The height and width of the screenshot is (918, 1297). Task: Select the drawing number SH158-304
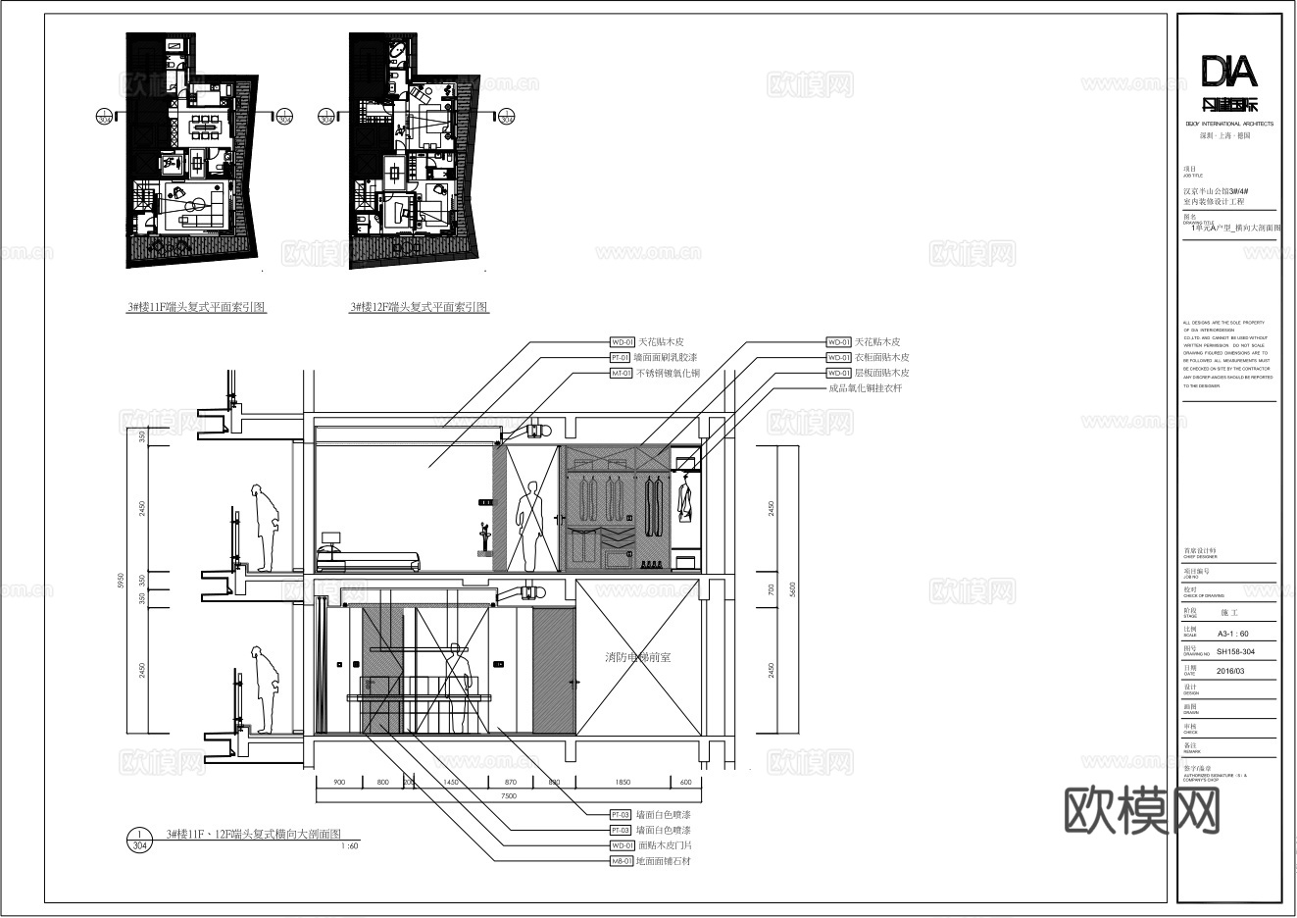(1234, 651)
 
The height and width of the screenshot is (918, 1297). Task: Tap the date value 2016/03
(1229, 672)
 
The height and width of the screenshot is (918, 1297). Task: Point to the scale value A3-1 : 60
(1232, 634)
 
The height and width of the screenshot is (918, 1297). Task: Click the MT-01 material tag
(622, 374)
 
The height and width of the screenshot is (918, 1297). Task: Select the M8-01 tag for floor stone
(622, 861)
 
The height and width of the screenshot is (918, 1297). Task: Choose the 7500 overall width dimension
(508, 796)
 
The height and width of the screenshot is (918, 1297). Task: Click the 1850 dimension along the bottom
(623, 782)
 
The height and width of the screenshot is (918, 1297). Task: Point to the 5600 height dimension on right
(793, 588)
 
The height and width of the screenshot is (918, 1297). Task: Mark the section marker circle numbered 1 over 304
(139, 839)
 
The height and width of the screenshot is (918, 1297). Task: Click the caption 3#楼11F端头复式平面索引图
(196, 307)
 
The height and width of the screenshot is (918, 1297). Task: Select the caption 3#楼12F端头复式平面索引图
(420, 307)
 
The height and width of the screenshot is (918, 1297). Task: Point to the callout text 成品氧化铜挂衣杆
(864, 388)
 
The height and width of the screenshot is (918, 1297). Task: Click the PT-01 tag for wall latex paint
(622, 358)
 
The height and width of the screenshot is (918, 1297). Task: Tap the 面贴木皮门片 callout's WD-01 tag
(622, 845)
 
